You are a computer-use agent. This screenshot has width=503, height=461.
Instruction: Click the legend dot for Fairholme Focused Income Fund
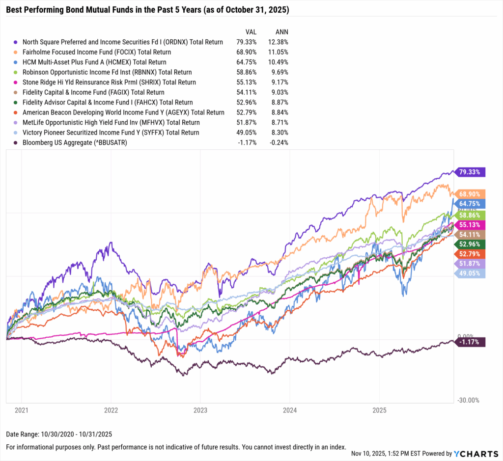16,52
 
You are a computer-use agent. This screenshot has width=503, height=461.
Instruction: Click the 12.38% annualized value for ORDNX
278,42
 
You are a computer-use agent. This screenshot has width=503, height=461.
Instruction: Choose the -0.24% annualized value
278,143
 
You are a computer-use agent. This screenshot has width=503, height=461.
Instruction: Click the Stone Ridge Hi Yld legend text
109,82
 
